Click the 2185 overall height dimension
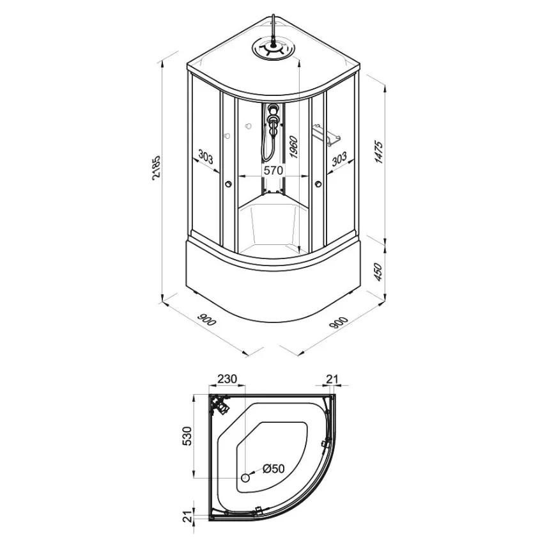pyautogui.click(x=156, y=168)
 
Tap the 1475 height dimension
pyautogui.click(x=378, y=152)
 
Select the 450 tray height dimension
pyautogui.click(x=378, y=272)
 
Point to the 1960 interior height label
pyautogui.click(x=293, y=147)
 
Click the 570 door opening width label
pyautogui.click(x=273, y=170)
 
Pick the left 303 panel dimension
pyautogui.click(x=205, y=157)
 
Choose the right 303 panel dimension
pyautogui.click(x=339, y=159)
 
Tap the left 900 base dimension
pyautogui.click(x=206, y=319)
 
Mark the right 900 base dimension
pyautogui.click(x=339, y=323)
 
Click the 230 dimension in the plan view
pyautogui.click(x=227, y=379)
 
